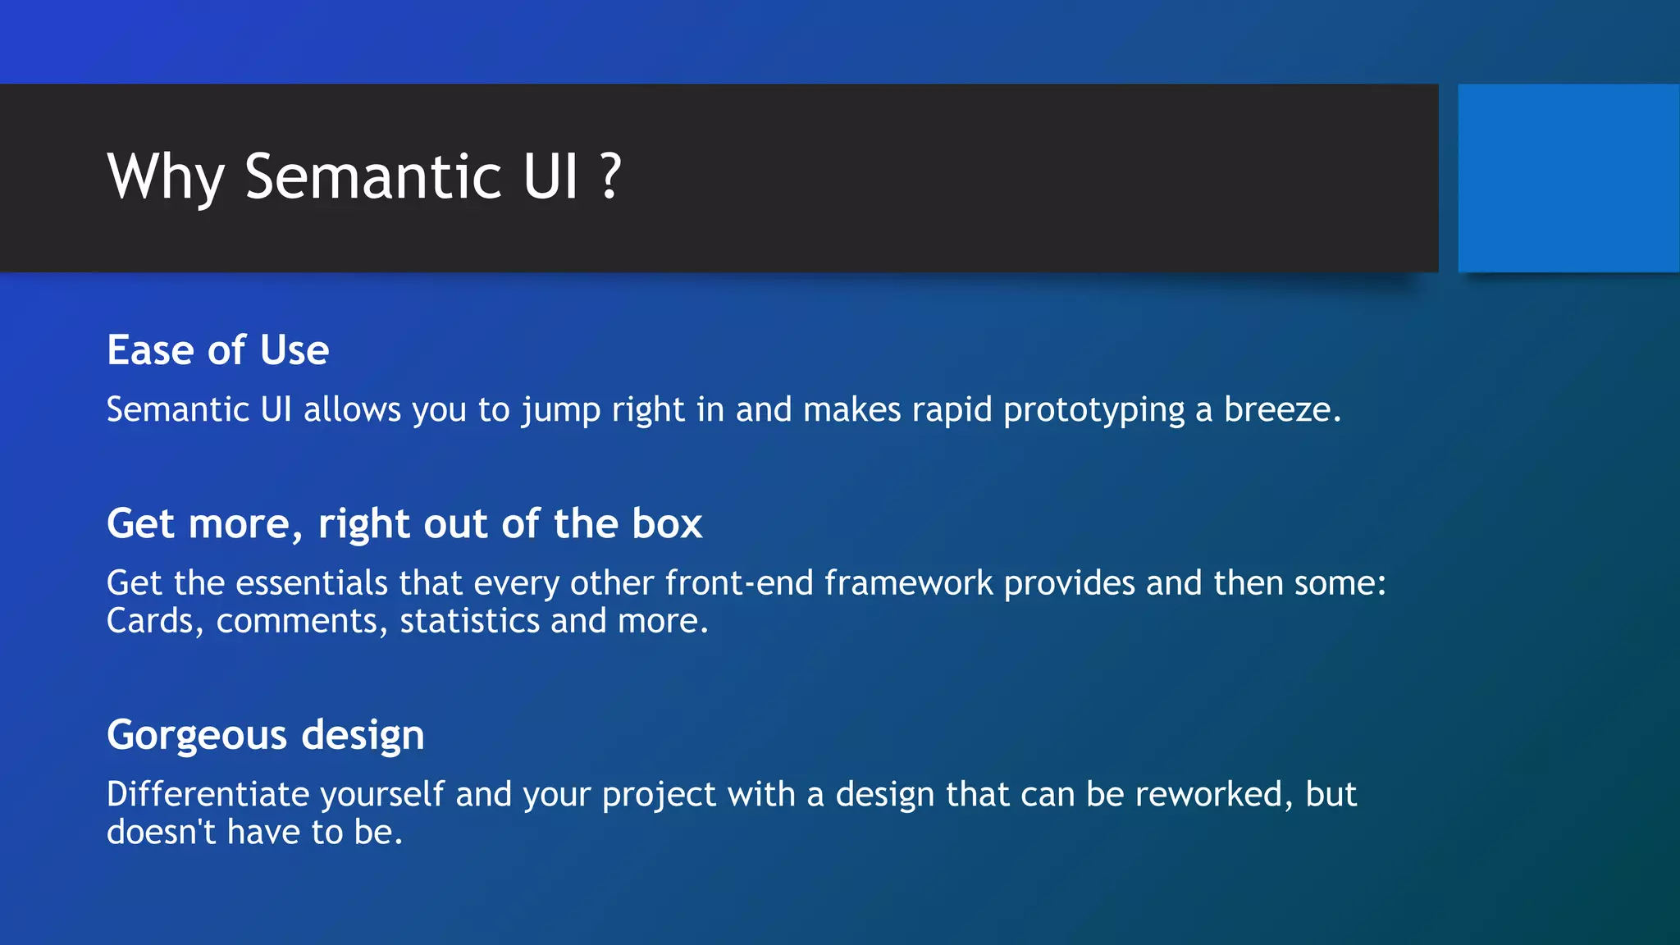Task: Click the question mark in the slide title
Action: [x=610, y=176]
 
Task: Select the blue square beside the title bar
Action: [x=1568, y=178]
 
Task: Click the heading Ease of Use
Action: [x=218, y=350]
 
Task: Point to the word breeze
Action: [x=1282, y=409]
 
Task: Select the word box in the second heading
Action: [x=667, y=523]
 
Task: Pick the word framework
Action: [x=908, y=583]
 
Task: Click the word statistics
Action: [x=470, y=621]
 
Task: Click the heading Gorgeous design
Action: [x=266, y=735]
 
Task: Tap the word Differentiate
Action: [x=208, y=794]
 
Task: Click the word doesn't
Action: [x=161, y=832]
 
